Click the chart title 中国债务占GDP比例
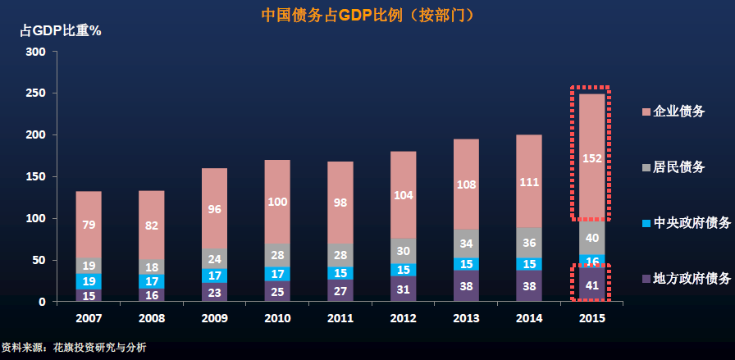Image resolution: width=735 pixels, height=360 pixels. click(x=367, y=15)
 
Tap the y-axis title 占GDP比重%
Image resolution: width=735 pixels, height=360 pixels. click(x=60, y=32)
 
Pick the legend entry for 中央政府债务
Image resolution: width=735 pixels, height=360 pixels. click(x=684, y=223)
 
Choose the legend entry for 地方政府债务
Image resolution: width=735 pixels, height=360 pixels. click(x=684, y=279)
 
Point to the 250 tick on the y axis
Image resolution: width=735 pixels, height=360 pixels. click(x=36, y=93)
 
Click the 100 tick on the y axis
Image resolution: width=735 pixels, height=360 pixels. click(x=36, y=219)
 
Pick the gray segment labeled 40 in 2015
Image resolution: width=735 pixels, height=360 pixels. click(x=591, y=238)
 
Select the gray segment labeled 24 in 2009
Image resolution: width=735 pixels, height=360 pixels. click(x=214, y=258)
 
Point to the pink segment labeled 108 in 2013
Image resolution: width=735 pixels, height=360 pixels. click(x=466, y=185)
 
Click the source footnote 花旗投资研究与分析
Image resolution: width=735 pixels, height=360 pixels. click(x=99, y=348)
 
